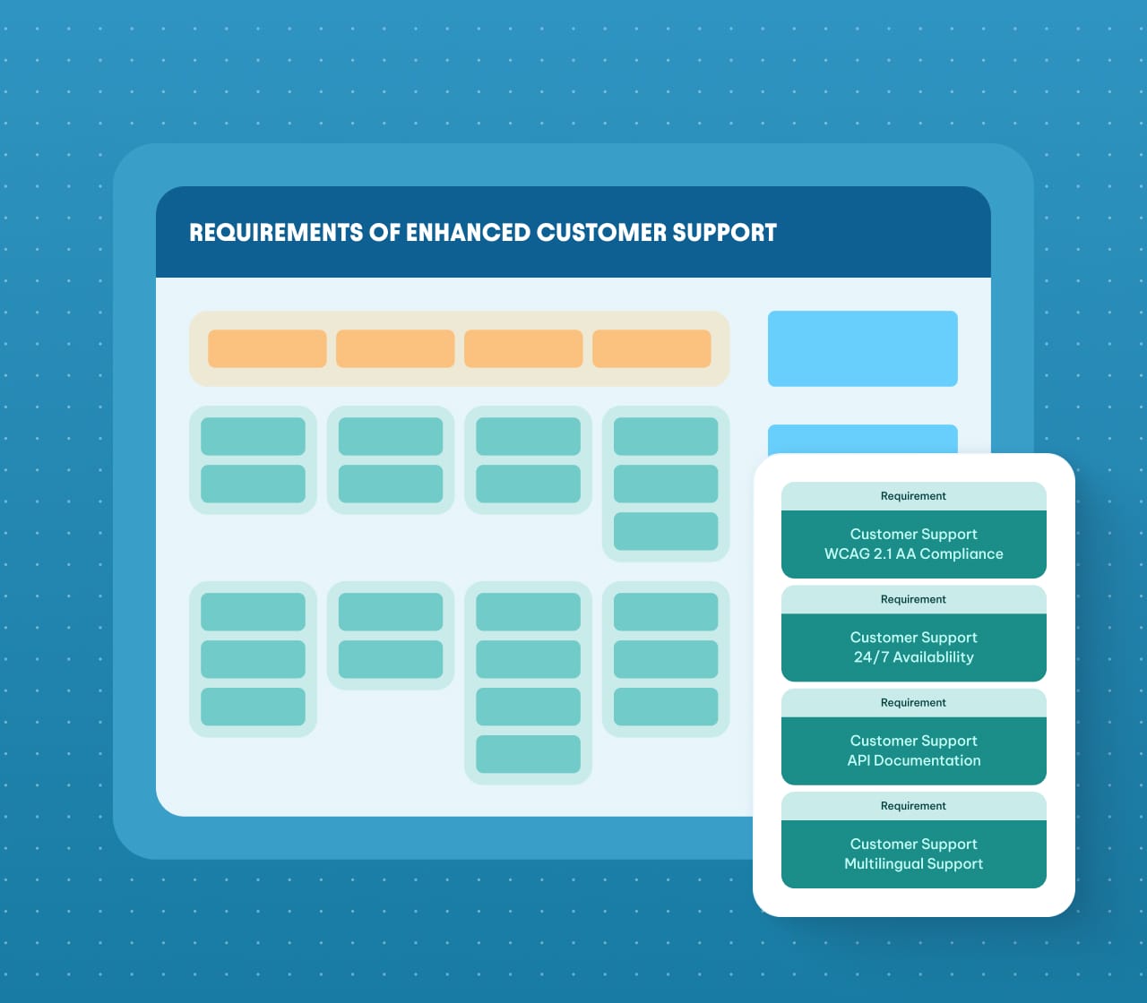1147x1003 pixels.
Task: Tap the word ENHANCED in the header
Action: (468, 233)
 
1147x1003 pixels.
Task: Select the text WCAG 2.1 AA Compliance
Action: (913, 554)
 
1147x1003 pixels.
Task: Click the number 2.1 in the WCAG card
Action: (883, 554)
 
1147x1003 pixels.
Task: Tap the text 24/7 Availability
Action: (913, 657)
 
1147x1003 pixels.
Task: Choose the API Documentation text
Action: (913, 760)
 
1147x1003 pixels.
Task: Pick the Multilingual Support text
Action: (913, 864)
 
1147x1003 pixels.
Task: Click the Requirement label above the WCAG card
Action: (913, 496)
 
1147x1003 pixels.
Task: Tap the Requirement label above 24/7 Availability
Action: (913, 600)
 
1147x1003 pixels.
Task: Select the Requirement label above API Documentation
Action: (913, 703)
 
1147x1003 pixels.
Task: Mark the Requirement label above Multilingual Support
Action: (913, 806)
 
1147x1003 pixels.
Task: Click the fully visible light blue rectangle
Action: (862, 348)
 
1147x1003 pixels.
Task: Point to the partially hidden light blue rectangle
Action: (862, 439)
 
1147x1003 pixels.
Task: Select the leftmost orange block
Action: (267, 348)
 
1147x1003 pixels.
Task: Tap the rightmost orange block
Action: (651, 348)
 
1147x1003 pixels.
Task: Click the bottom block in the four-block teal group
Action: (528, 754)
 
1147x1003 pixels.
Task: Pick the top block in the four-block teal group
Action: (528, 612)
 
